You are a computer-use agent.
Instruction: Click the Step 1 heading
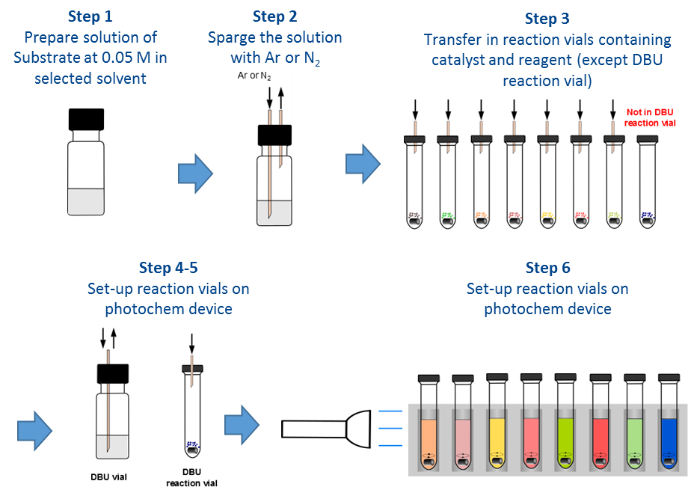(90, 16)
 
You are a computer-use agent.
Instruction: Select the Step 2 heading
(275, 16)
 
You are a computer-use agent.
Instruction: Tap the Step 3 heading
(547, 19)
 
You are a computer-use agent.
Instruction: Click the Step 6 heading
(547, 268)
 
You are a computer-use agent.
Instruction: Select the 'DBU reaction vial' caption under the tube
(191, 477)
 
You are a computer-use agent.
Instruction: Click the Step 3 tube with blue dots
(648, 180)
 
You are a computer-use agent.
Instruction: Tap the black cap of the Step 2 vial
(275, 135)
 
